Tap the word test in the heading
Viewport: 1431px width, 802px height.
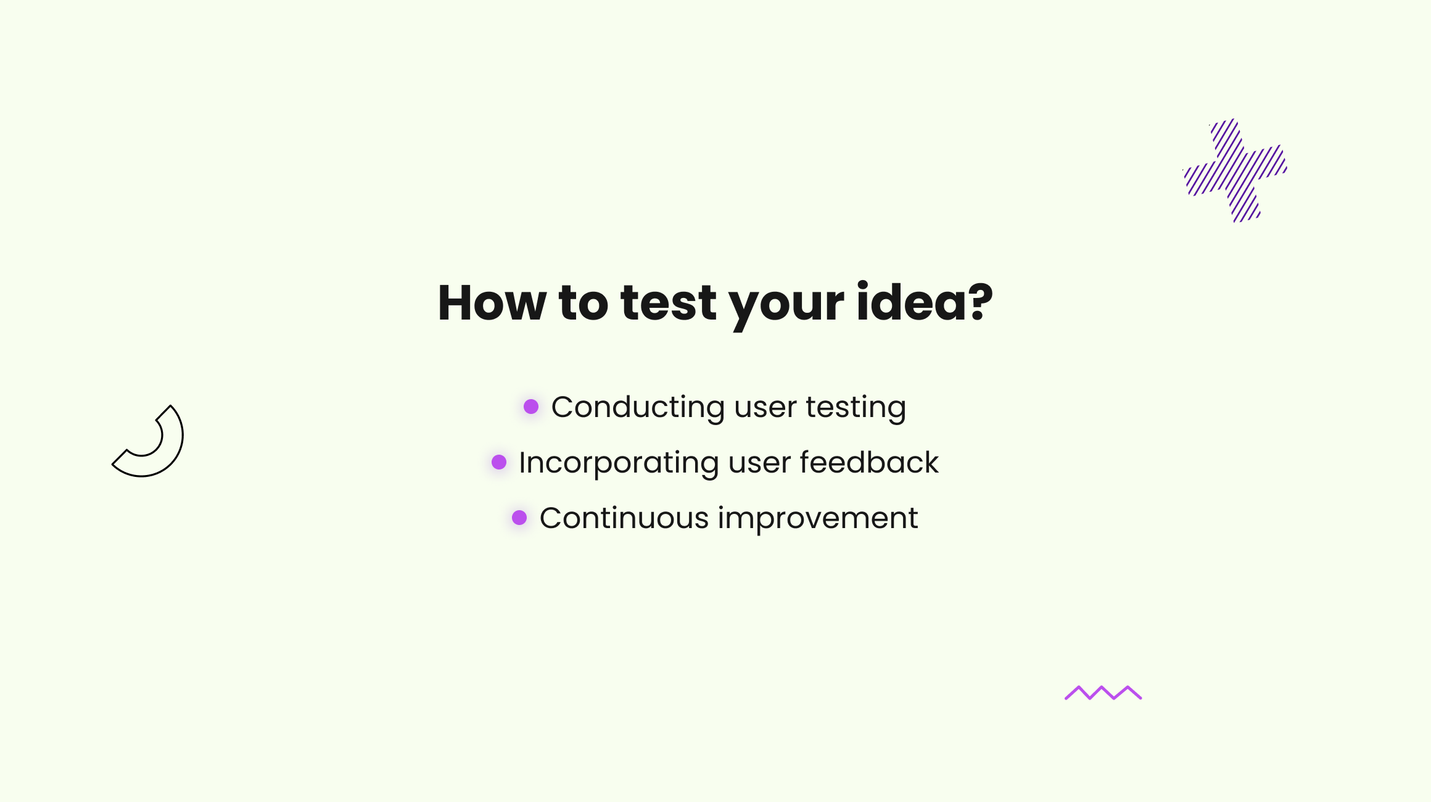[669, 304]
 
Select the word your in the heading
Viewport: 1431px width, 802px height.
[786, 308]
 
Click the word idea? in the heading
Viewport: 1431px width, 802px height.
[925, 302]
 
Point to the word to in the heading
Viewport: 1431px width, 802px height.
[584, 304]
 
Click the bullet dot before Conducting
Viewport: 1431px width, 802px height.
[531, 407]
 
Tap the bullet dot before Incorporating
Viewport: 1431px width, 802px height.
[499, 462]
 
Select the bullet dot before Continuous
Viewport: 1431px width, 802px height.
[519, 518]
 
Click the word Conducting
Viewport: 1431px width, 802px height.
[638, 408]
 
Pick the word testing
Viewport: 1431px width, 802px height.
[856, 409]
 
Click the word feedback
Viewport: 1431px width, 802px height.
[869, 462]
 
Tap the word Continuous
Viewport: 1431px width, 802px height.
[624, 518]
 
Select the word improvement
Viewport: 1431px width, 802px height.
[818, 519]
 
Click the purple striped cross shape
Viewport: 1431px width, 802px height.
[1235, 170]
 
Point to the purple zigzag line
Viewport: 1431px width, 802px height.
[1103, 693]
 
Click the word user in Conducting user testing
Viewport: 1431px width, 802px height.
[765, 410]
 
